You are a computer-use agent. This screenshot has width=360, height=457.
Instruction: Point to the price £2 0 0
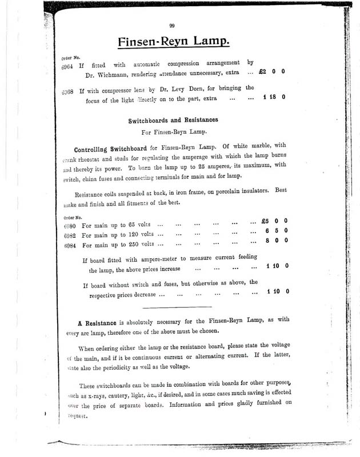pos(271,73)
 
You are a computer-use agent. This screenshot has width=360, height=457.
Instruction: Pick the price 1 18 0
pos(274,98)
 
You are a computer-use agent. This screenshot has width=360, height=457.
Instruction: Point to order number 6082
pos(69,236)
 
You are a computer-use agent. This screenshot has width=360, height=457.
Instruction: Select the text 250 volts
pos(141,245)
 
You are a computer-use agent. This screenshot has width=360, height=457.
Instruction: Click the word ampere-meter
pos(156,259)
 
